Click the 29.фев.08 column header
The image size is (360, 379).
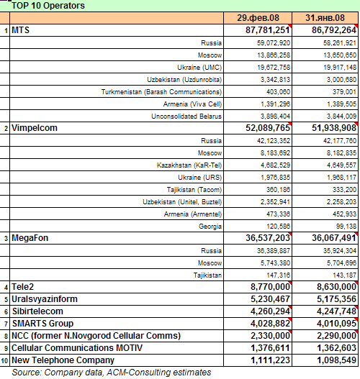point(258,18)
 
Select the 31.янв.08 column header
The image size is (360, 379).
point(325,18)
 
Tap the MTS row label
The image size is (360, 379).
point(21,30)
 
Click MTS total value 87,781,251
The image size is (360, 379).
point(268,30)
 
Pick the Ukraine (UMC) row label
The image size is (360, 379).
point(199,68)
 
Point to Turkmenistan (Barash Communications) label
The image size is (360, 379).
point(161,92)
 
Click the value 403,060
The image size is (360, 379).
point(278,92)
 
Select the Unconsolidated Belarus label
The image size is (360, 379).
point(186,117)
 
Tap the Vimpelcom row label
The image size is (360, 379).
point(35,128)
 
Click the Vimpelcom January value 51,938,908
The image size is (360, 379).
point(334,128)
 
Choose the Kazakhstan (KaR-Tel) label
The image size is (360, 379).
point(189,165)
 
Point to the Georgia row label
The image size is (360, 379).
point(210,227)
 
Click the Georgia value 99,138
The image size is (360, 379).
point(346,227)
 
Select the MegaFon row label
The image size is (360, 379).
point(30,238)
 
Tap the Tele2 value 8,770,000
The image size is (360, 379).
point(270,287)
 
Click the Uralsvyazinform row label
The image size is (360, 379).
point(45,299)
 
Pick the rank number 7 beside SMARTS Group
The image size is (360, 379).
point(6,324)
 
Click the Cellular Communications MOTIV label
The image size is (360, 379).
point(77,348)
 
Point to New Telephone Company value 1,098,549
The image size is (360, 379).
point(336,360)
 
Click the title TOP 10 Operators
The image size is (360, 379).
point(48,6)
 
